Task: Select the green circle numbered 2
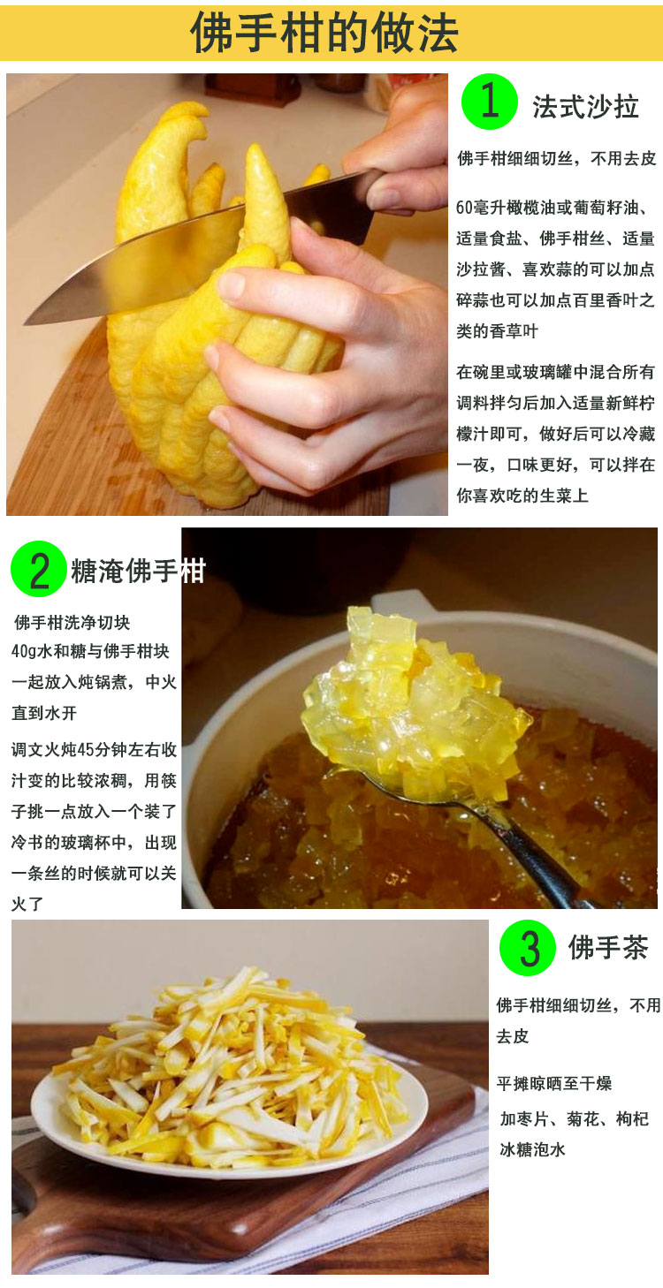[x=38, y=570]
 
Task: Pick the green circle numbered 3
[x=527, y=948]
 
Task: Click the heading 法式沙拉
[x=585, y=106]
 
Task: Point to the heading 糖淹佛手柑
[x=138, y=572]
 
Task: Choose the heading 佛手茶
[x=607, y=948]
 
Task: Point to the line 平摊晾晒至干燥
[x=553, y=1083]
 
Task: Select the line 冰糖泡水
[x=532, y=1149]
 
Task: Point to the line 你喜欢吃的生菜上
[x=522, y=496]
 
